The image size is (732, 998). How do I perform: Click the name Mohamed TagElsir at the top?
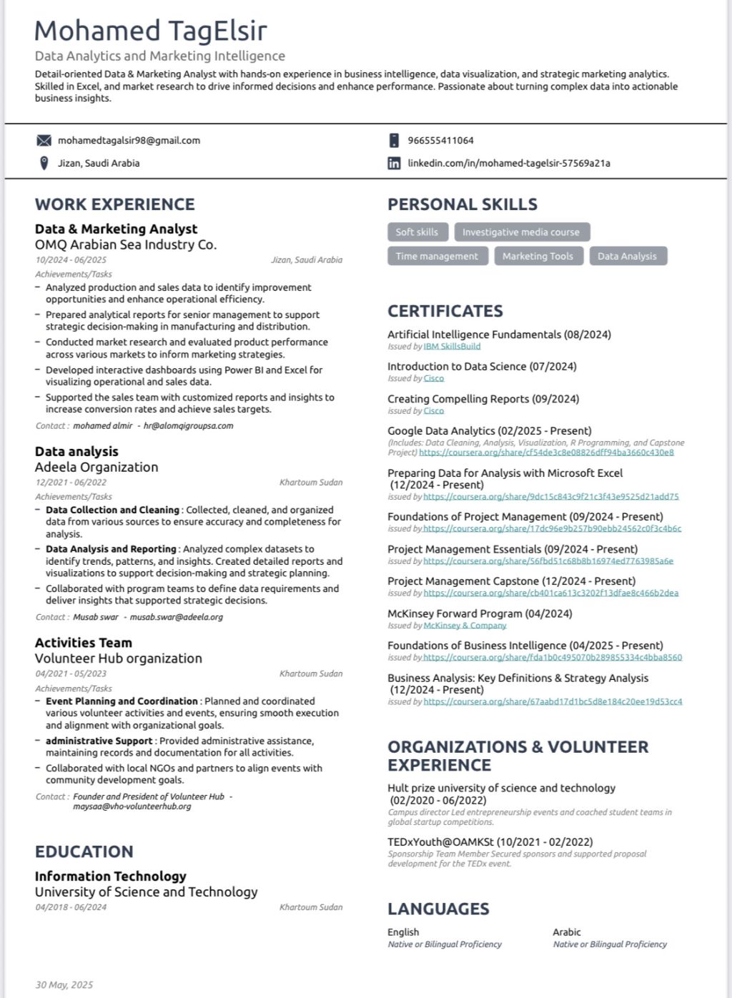[x=150, y=31]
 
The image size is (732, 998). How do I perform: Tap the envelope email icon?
[x=44, y=140]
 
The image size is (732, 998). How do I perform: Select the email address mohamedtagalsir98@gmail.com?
[x=129, y=140]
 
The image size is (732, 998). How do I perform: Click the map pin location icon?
[x=44, y=163]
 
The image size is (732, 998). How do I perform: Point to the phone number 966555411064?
[x=440, y=140]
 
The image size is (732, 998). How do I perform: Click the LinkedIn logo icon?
[x=394, y=163]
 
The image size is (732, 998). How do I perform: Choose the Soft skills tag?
[x=417, y=232]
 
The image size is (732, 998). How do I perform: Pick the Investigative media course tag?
[x=520, y=232]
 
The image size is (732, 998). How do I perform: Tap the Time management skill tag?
[x=437, y=256]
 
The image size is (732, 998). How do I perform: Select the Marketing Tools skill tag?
[x=538, y=256]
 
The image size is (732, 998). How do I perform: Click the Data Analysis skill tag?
[x=627, y=256]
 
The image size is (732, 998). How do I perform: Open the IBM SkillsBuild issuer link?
[x=452, y=347]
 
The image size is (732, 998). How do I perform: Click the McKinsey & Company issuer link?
[x=465, y=626]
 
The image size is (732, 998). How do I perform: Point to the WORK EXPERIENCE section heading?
[x=115, y=204]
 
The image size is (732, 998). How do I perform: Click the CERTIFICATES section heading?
[x=445, y=311]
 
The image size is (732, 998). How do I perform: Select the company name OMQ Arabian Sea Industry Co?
[x=126, y=244]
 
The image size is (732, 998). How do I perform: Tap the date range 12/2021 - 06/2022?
[x=71, y=483]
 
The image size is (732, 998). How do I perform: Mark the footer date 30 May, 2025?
[x=64, y=985]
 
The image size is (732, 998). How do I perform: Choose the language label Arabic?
[x=566, y=932]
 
